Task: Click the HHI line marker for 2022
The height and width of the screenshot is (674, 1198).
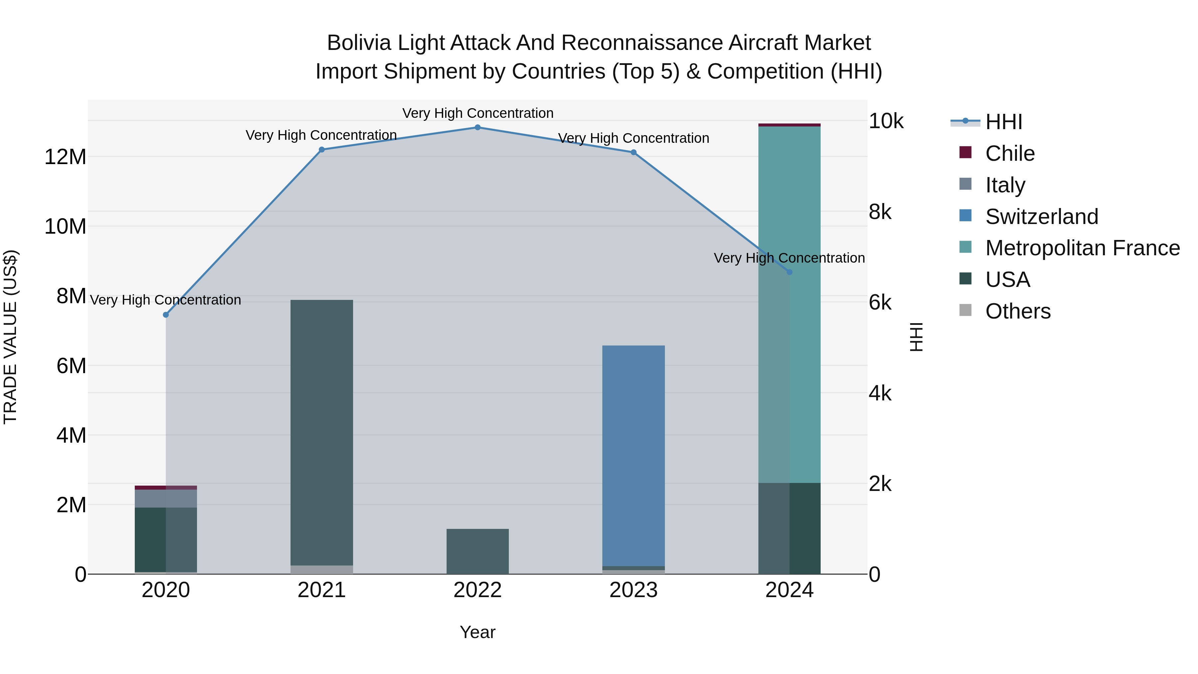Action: click(478, 127)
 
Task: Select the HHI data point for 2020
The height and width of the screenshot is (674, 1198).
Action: click(166, 315)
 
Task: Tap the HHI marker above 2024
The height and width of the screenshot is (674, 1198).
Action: click(789, 272)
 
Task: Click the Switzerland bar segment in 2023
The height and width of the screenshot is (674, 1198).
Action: click(633, 456)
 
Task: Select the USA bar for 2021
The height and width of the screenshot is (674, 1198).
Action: click(322, 433)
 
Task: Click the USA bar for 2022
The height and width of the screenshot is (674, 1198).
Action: click(478, 551)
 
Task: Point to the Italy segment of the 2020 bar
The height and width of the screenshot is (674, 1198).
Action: click(166, 498)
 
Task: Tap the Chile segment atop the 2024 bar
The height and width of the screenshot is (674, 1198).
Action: click(789, 125)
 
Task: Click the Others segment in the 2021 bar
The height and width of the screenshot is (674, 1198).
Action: click(322, 569)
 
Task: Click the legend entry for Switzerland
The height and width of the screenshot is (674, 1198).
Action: click(1041, 217)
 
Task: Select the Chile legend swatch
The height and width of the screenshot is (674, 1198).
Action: click(965, 152)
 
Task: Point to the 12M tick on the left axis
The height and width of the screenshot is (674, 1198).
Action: click(65, 157)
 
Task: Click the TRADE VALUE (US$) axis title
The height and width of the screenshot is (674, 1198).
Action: click(10, 337)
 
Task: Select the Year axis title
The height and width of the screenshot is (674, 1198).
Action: click(478, 633)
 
